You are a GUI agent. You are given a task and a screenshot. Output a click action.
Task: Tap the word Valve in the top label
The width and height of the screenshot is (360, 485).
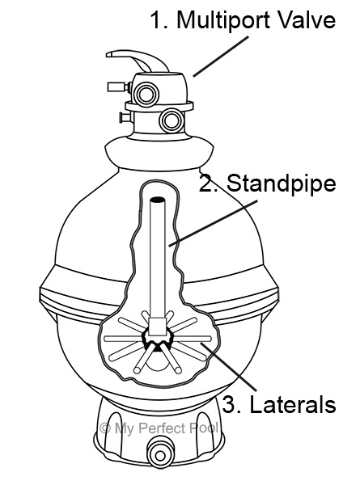point(307,19)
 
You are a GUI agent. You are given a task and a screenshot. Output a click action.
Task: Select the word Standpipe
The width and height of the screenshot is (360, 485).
point(282,184)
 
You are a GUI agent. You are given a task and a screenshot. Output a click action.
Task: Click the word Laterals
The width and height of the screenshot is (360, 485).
point(293,405)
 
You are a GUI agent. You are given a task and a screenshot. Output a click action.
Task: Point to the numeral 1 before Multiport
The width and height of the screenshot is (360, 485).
point(157,20)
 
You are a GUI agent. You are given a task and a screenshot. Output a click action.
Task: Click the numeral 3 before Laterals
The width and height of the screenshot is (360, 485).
point(228,405)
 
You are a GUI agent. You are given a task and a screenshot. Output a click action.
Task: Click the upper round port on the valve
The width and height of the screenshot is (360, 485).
point(146,93)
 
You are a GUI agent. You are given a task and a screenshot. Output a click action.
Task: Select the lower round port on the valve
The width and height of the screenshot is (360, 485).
point(172,120)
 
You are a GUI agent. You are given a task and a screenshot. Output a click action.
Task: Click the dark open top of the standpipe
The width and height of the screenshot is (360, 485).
point(158,200)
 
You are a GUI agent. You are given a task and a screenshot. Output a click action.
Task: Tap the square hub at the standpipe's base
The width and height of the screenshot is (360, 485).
point(157,327)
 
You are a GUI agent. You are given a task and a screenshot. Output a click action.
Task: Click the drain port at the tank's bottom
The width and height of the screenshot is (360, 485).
point(159,454)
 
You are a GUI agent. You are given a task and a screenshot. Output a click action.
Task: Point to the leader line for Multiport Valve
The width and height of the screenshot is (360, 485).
point(221,57)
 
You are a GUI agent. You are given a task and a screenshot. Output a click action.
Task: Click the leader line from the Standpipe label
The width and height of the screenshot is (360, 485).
point(213,223)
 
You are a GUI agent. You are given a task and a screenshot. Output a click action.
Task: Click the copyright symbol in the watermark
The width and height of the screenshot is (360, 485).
point(105,428)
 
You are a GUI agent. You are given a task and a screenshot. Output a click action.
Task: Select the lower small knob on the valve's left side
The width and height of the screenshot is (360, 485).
point(125,117)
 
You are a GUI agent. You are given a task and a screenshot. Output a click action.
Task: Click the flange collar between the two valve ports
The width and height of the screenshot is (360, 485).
point(159,106)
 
